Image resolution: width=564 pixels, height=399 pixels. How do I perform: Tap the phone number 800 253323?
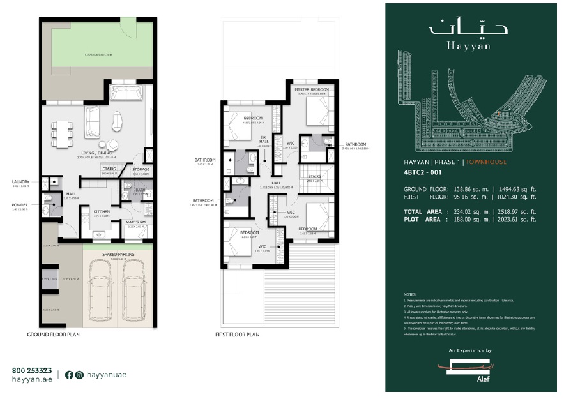coord(32,370)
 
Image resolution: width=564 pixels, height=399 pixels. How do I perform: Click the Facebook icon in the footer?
coord(69,375)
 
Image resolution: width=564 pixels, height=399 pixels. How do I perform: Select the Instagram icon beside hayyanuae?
coord(79,375)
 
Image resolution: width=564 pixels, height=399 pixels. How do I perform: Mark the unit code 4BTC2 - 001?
coord(423,172)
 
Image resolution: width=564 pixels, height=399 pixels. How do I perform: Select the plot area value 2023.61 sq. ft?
coord(514,219)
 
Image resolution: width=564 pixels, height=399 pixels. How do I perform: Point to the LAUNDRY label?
coord(20,182)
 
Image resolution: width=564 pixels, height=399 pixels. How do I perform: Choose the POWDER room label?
coord(20,206)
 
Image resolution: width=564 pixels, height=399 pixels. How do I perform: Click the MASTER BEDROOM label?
coord(312,89)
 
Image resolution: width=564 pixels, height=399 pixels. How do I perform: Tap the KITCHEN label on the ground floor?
coord(102,212)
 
